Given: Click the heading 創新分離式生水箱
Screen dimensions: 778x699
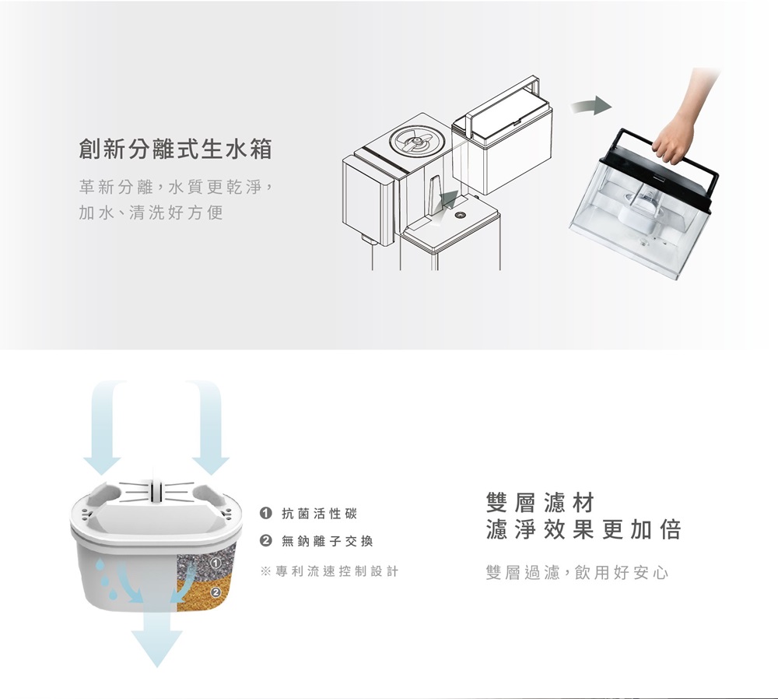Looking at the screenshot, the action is (176, 149).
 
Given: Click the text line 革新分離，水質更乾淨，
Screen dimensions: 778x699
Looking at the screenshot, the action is (176, 188).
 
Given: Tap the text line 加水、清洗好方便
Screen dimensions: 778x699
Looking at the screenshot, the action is (152, 213).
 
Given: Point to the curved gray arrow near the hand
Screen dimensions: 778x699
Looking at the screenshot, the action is (591, 106).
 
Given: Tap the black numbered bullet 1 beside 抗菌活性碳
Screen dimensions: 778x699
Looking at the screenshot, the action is (266, 513).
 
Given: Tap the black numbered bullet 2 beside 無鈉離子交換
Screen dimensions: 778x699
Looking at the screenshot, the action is (266, 541).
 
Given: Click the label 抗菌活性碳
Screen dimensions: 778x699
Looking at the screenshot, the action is (320, 513).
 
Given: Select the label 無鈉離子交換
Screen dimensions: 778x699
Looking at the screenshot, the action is (328, 541).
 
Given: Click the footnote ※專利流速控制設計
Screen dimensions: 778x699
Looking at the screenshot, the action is (329, 571).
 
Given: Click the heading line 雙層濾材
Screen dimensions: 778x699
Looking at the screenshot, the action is (541, 502).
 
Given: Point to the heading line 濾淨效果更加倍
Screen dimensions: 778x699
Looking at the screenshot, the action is (583, 529).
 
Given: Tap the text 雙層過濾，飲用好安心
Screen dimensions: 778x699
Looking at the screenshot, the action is (577, 573).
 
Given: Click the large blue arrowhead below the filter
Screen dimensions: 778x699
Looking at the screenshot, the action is (157, 646).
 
